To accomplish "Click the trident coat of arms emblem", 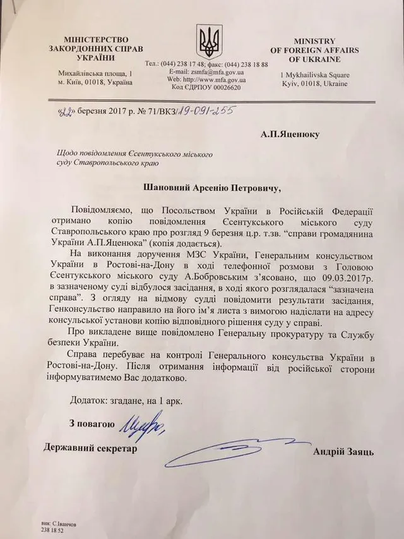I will click(x=206, y=41).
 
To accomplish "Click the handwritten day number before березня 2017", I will click(x=64, y=112).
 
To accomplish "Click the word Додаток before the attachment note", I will click(x=87, y=401).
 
